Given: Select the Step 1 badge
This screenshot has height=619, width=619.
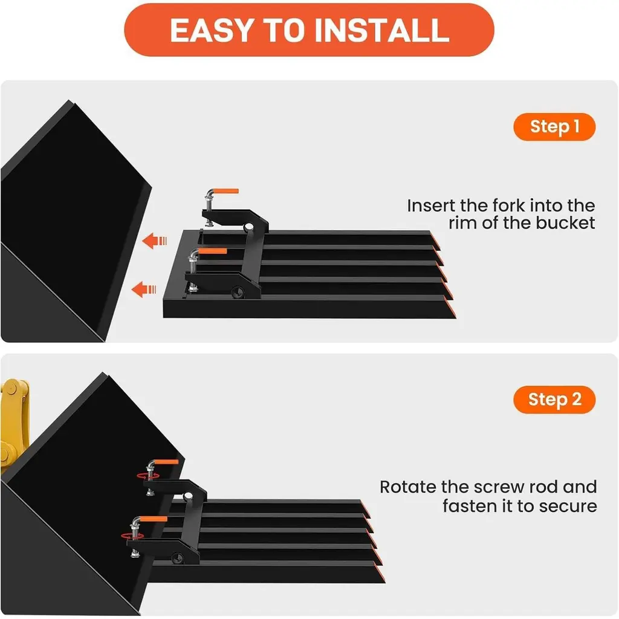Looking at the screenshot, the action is coord(554,127).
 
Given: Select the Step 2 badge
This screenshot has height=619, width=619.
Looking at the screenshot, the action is coord(554,400).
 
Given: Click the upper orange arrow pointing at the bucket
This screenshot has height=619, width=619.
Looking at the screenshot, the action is coord(154,241).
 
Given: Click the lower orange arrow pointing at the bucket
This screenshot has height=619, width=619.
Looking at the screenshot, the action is coord(144,290).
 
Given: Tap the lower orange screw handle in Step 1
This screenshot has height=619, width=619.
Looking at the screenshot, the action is coord(213,251).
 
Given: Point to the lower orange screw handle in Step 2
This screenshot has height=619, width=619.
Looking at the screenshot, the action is coord(154,519).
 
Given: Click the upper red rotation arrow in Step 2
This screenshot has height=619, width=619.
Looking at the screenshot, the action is coord(148,476).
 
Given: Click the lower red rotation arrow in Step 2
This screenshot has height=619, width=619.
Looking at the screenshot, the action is coord(132,536).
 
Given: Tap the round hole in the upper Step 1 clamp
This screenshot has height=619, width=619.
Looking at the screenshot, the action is coord(248,227).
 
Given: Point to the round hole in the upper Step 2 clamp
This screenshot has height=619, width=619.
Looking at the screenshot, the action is coord(188,496).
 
